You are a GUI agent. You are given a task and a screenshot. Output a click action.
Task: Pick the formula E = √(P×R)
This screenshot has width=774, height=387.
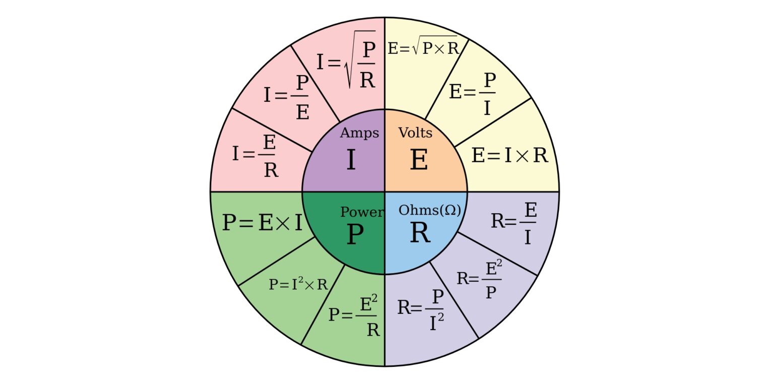[x=422, y=48]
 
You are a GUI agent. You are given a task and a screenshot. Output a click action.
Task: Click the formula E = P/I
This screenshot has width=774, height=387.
[x=473, y=94]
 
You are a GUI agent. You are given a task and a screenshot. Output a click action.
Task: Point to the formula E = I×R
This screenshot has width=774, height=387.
[x=509, y=156]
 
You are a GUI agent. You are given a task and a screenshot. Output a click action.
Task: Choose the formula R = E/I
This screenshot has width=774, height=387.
[x=514, y=223]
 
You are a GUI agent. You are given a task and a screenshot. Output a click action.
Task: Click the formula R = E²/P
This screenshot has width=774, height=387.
[x=479, y=279]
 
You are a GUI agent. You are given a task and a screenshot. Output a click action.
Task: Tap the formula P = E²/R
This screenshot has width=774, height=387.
[x=354, y=315]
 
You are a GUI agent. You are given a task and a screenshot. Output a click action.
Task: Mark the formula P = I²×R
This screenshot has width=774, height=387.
[x=298, y=284]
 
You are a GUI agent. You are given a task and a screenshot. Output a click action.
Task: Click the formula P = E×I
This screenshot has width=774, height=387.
[x=263, y=222]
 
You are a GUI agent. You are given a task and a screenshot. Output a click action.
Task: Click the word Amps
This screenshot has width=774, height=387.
[x=359, y=133]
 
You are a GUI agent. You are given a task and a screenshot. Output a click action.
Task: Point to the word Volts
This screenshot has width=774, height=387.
[x=415, y=133]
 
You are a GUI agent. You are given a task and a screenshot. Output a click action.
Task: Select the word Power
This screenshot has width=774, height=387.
[x=361, y=212]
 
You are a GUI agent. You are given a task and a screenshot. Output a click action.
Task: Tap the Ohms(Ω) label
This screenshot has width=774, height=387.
[x=430, y=210]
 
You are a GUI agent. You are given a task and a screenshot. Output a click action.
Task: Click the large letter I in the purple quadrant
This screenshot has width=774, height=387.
[x=351, y=161]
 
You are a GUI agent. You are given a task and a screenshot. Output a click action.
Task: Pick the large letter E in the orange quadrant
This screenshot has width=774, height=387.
[x=419, y=161]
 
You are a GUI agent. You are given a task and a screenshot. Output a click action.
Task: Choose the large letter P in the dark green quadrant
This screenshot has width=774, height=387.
[x=355, y=235]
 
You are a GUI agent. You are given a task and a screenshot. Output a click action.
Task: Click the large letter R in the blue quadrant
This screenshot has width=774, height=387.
[x=420, y=233]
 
